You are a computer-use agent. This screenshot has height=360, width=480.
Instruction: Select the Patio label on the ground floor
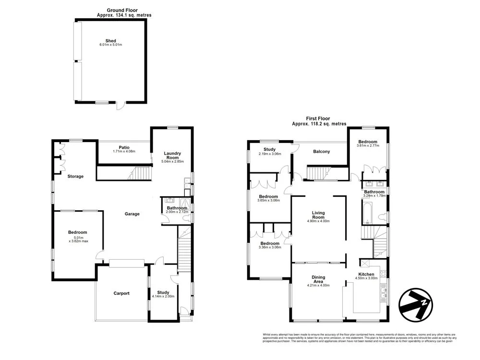pos(124,147)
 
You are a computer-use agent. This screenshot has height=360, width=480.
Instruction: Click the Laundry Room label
pos(172,156)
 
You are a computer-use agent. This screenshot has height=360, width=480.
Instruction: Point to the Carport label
pos(121,293)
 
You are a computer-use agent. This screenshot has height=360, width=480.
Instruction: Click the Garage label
pos(132,214)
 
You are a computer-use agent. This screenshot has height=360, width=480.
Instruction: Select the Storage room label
pos(75,176)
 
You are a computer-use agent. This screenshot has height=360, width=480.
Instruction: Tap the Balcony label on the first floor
pos(321,152)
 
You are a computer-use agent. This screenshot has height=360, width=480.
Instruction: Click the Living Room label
pos(319,215)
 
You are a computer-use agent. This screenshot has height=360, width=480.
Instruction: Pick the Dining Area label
pos(318,280)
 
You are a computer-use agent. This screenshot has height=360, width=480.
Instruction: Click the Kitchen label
pos(366,274)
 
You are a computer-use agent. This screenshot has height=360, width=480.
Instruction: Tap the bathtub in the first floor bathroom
pos(366,214)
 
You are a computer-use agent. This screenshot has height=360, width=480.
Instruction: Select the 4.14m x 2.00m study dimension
pos(163,297)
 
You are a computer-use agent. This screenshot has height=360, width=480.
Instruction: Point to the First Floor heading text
pos(319,119)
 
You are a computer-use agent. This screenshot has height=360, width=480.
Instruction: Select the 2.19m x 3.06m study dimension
pos(269,154)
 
